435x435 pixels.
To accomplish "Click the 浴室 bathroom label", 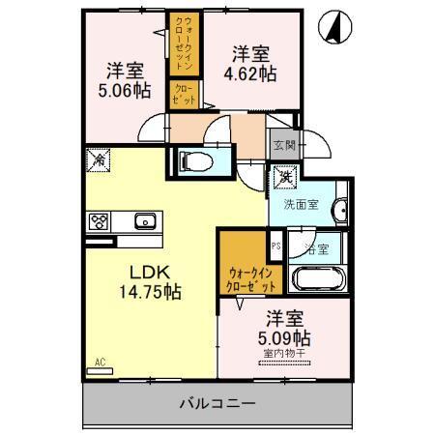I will click(315, 248).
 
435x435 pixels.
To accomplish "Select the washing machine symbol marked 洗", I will click(286, 176).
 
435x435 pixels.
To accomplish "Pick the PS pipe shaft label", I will click(275, 246).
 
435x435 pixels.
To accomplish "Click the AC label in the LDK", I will click(99, 363).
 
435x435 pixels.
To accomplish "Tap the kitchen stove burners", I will click(100, 221).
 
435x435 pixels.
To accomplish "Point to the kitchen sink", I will click(146, 221).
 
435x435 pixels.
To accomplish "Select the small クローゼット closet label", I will click(183, 95).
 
